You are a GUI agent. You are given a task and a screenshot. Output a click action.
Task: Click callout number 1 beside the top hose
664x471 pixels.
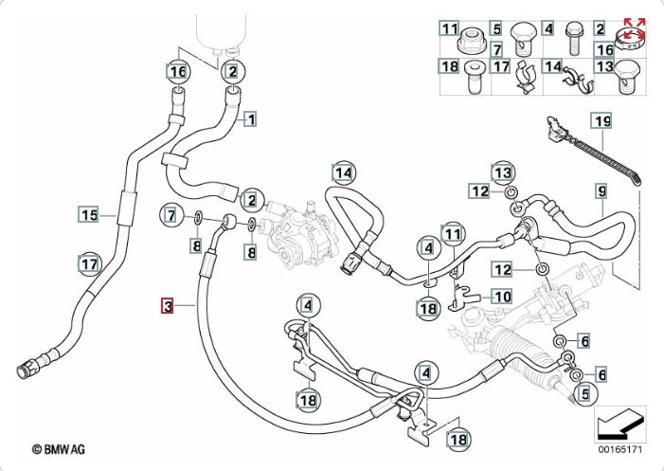(x=251, y=119)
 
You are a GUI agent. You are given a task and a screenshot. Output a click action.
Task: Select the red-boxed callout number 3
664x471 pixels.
(x=168, y=306)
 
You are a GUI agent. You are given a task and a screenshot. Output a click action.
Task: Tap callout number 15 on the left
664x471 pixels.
(x=88, y=215)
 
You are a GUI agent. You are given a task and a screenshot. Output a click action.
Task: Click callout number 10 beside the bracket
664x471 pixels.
(x=502, y=297)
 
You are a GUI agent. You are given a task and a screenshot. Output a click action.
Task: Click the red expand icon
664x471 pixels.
(x=634, y=27)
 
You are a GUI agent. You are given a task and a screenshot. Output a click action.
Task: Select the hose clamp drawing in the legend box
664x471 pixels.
(x=628, y=39)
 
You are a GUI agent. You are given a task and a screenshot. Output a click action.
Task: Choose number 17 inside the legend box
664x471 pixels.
(x=501, y=66)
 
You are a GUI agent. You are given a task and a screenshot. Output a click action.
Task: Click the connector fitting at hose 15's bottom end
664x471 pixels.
(x=31, y=365)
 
